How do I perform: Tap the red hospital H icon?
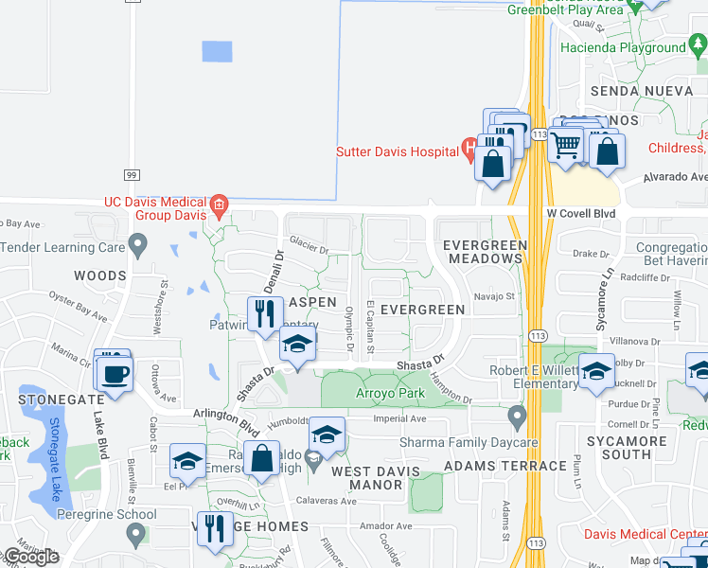[x=468, y=150]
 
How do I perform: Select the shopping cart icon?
[x=565, y=146]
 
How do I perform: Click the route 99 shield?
[x=132, y=174]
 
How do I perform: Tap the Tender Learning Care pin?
[x=138, y=248]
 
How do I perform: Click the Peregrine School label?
[x=104, y=514]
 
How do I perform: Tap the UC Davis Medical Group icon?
[x=219, y=203]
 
